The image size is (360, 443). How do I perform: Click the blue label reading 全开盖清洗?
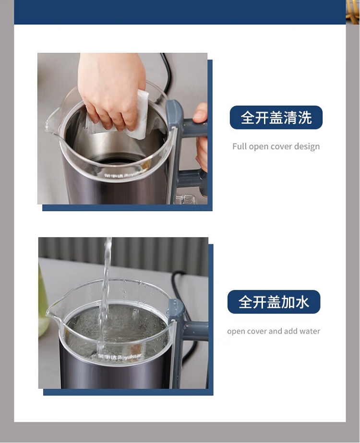[276, 118]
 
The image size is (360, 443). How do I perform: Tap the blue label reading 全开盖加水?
[274, 302]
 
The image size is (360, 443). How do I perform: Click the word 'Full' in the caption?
[239, 146]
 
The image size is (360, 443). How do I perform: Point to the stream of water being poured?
[105, 294]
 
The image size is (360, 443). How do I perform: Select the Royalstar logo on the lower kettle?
[119, 357]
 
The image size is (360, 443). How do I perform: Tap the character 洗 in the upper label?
[305, 118]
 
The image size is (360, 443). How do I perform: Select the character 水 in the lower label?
[302, 302]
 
